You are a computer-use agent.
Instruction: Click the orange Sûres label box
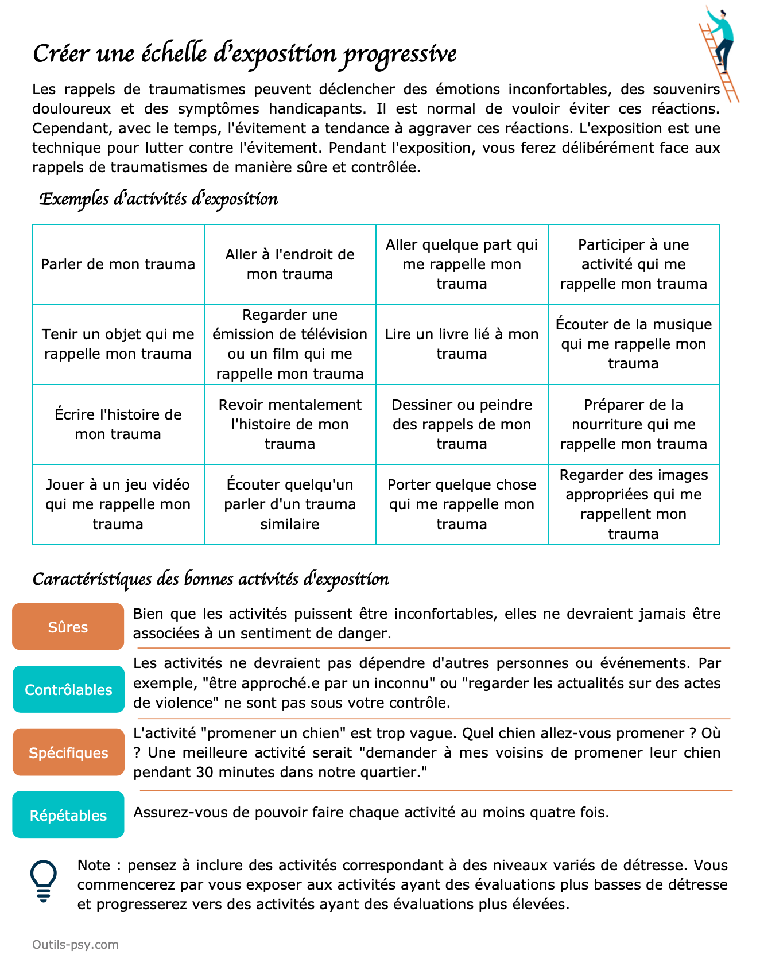coord(68,627)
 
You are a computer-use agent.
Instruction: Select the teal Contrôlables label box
coord(68,689)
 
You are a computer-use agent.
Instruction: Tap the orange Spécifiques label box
coord(68,752)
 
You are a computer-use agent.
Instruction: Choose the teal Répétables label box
coord(68,815)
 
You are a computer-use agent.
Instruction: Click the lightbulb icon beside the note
coord(43,880)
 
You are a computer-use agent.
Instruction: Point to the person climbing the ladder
coord(720,40)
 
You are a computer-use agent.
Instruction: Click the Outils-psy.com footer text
coord(75,944)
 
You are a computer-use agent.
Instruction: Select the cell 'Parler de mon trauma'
coord(118,264)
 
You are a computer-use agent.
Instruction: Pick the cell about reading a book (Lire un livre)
coord(462,344)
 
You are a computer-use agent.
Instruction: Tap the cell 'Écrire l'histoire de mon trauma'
coord(118,424)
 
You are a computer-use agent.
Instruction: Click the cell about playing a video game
coord(118,504)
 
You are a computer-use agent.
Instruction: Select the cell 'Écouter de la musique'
coord(633,344)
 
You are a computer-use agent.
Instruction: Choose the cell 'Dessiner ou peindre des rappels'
coord(462,424)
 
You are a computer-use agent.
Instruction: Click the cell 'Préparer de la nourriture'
coord(633,424)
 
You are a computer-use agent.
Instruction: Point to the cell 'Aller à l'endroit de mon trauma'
coord(289,264)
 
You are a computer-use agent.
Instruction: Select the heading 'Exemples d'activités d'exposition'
coord(158,199)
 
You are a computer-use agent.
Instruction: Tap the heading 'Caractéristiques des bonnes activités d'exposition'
coord(211,579)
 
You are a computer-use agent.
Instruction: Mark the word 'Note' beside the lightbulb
coord(94,865)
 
